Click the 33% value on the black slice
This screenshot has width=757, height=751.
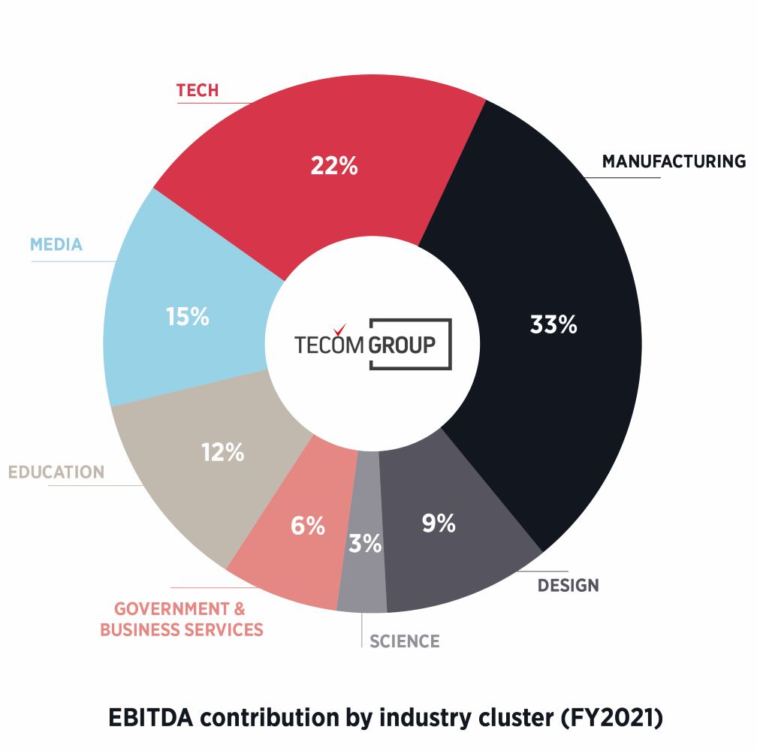click(x=553, y=325)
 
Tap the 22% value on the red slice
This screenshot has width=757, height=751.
click(x=334, y=165)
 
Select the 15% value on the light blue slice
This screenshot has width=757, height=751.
click(x=187, y=317)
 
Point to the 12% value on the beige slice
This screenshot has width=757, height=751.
click(x=222, y=453)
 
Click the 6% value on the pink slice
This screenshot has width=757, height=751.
click(x=308, y=526)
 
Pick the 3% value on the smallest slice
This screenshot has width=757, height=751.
click(x=365, y=543)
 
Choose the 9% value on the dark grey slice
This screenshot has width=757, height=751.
click(x=439, y=523)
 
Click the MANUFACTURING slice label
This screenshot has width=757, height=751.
click(x=674, y=161)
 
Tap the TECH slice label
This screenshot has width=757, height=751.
click(x=198, y=91)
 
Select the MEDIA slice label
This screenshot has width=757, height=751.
click(x=56, y=245)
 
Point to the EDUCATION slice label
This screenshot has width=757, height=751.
click(x=56, y=472)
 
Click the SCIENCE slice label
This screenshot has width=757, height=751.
click(x=404, y=641)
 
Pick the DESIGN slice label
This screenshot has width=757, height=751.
click(x=568, y=585)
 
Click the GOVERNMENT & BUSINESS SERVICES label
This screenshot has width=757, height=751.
click(x=182, y=619)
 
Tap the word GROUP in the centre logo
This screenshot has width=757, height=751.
click(x=402, y=345)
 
